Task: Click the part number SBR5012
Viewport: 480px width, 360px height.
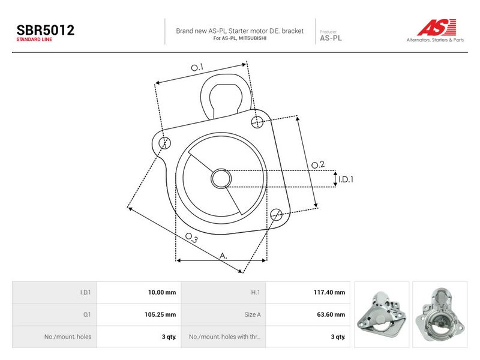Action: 46,30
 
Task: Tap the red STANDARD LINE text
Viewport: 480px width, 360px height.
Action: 34,40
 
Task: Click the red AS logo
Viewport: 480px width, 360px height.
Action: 437,27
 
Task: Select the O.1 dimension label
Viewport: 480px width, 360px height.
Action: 197,67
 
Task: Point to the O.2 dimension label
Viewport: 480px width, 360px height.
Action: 318,165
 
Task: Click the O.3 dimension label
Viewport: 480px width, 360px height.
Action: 191,238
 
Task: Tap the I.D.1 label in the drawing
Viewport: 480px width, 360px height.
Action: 346,179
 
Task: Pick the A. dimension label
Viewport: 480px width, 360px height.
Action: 223,256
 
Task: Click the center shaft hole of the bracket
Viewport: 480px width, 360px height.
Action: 221,178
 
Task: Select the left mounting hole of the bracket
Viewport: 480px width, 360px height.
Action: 164,143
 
